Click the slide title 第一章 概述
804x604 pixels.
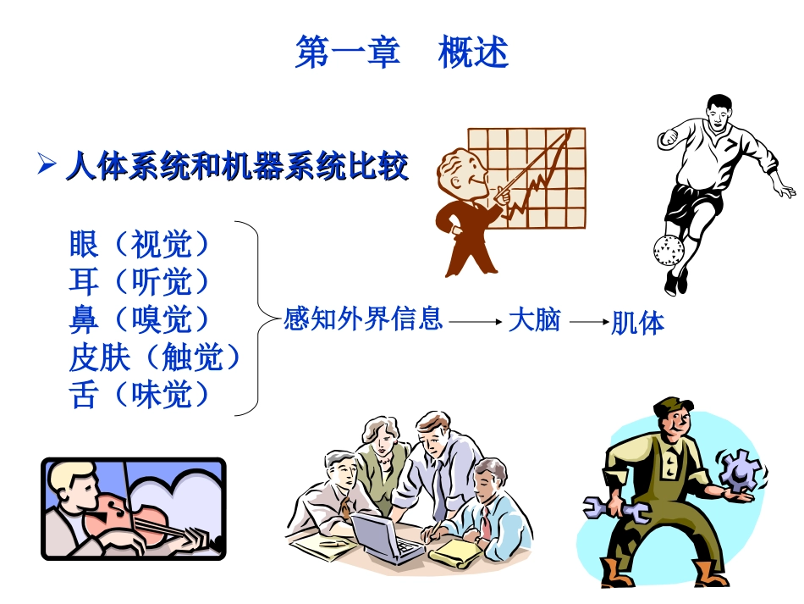[401, 53]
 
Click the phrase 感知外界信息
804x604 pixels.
[363, 319]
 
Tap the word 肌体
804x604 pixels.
[637, 323]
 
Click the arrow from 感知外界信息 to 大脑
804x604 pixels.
[476, 322]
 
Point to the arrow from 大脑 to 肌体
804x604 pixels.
[589, 322]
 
